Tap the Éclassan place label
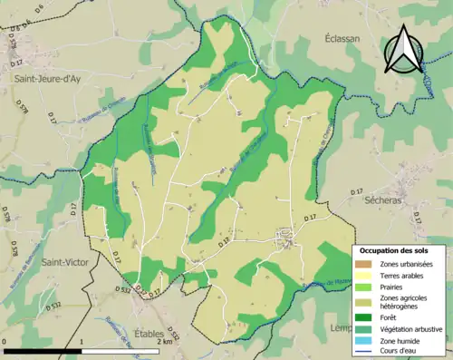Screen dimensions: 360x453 pyautogui.click(x=342, y=39)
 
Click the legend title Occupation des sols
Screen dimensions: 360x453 pyautogui.click(x=394, y=250)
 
